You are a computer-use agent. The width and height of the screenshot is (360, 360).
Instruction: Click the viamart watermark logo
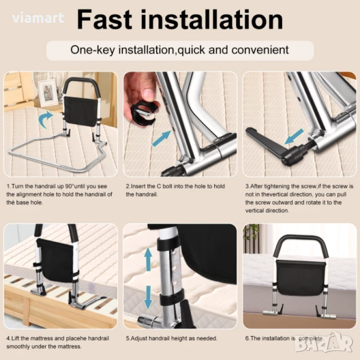coord(38,18)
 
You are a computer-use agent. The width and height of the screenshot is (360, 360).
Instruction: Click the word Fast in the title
coord(104,20)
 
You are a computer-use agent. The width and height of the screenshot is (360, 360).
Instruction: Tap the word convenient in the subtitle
coord(260,50)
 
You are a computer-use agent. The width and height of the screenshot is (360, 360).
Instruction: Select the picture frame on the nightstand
coord(48,93)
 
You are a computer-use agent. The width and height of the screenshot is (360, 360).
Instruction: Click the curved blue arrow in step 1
coord(45,119)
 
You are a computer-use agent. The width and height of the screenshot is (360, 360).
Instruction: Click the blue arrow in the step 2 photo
coord(161,138)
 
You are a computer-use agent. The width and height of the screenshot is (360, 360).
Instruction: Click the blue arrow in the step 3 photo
coord(294,136)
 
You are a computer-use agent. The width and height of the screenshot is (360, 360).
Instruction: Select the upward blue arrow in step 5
coord(148,259)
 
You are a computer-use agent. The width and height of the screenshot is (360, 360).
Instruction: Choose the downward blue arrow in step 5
coord(148,298)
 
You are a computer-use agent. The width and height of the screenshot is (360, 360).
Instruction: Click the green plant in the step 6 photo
coord(251,232)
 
